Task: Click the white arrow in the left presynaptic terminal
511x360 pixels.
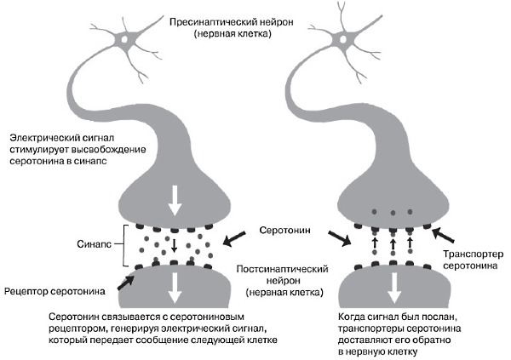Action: [x=175, y=199]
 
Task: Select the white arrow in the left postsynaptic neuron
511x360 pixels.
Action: [x=175, y=286]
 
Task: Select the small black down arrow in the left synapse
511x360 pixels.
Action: [x=174, y=246]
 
